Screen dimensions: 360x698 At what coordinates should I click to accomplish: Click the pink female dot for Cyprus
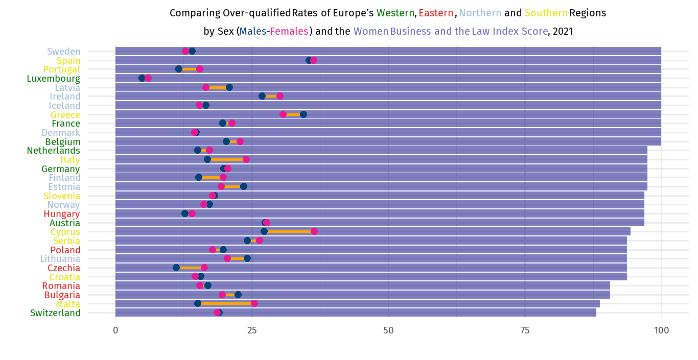click(314, 231)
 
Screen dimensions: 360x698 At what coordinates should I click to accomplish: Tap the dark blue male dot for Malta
click(198, 303)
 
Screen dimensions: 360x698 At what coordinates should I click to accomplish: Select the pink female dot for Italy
click(246, 159)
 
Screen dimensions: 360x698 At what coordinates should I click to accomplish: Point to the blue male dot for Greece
click(304, 114)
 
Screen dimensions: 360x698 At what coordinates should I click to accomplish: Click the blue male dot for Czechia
click(176, 268)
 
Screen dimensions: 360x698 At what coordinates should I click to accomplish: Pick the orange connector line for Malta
click(226, 303)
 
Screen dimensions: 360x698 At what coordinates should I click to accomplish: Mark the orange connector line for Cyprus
click(289, 231)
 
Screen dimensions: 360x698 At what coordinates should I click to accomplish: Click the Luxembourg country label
click(54, 79)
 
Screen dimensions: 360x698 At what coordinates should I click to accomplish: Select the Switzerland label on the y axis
click(55, 313)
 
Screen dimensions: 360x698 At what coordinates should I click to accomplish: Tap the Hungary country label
click(62, 214)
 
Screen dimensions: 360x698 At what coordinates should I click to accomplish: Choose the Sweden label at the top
click(64, 52)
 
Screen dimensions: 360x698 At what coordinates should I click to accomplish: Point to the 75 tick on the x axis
click(525, 330)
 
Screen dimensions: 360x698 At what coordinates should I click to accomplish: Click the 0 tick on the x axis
click(115, 330)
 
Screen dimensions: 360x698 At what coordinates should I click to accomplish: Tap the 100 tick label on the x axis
click(661, 330)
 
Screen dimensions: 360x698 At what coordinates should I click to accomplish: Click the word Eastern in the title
click(436, 13)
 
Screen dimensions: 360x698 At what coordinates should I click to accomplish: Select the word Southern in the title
click(546, 13)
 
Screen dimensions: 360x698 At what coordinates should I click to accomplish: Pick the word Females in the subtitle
click(289, 32)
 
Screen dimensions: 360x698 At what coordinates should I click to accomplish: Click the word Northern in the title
click(480, 13)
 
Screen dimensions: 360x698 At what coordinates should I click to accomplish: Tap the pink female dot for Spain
click(314, 60)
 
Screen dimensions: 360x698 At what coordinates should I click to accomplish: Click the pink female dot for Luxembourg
click(148, 78)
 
